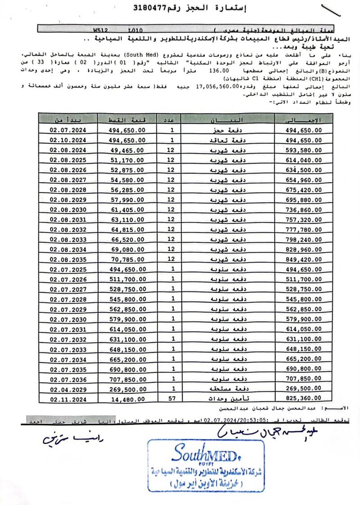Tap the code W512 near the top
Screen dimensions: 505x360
(101, 31)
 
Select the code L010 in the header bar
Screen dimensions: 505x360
(135, 31)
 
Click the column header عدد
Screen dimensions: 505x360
(177, 120)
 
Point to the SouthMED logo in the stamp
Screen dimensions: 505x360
(206, 451)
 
